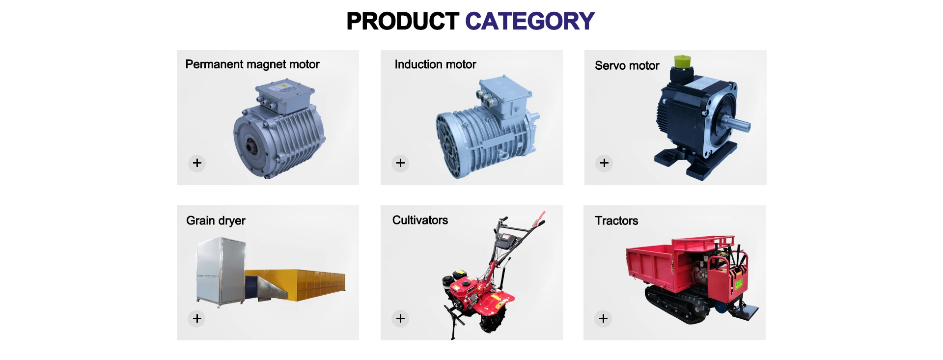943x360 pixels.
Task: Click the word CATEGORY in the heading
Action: point(529,21)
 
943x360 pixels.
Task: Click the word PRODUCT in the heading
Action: point(403,21)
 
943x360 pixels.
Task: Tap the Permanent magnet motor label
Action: point(252,64)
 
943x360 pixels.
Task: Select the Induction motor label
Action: point(435,64)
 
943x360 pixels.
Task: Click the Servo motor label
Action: point(627,66)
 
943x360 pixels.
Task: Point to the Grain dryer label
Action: point(216,221)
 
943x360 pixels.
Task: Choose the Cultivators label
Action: point(420,220)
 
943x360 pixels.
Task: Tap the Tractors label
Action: point(616,221)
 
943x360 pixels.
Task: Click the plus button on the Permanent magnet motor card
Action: point(197,163)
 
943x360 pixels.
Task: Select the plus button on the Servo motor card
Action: point(604,163)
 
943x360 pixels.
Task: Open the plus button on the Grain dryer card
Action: point(197,319)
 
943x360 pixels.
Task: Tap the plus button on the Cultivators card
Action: point(400,319)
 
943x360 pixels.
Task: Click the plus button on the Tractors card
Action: point(603,319)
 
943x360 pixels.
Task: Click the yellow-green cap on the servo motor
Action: point(682,62)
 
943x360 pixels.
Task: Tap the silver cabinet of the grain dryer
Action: point(220,271)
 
